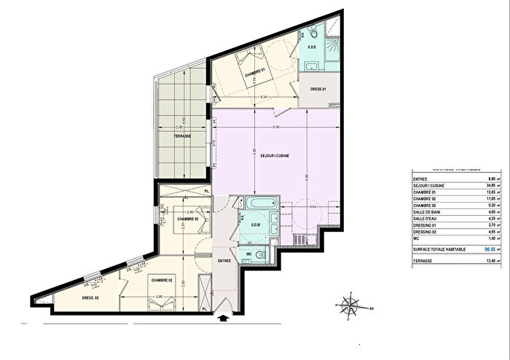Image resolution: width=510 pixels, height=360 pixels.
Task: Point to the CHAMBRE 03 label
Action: pyautogui.click(x=187, y=218)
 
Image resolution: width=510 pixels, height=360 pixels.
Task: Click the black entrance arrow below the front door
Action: pyautogui.click(x=225, y=316)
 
